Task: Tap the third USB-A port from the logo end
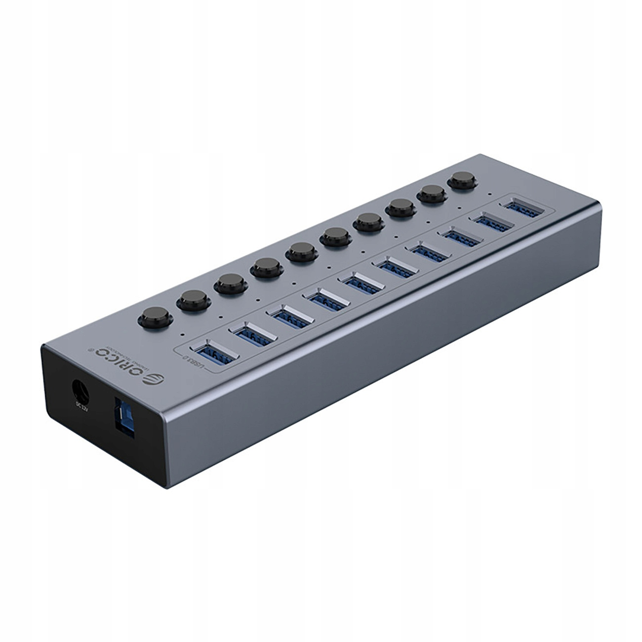click(292, 317)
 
